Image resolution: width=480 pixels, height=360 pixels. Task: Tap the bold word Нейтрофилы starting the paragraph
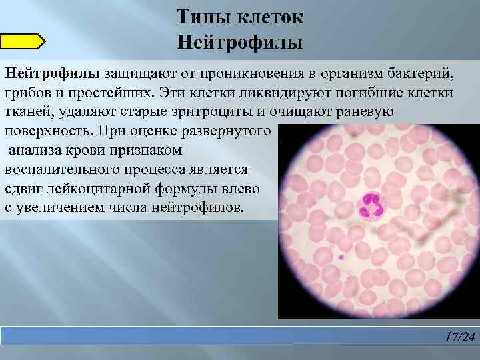point(52,72)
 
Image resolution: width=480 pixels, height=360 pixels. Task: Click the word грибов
point(27,92)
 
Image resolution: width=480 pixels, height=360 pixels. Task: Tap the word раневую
point(365,111)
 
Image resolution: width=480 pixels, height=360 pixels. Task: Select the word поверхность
point(48,131)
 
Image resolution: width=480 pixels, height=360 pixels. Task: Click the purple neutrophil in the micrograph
point(371,204)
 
